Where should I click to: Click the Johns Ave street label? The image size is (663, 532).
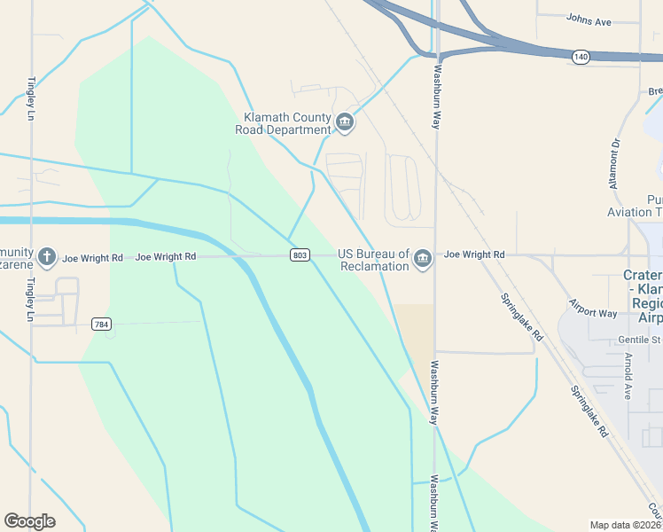point(590,18)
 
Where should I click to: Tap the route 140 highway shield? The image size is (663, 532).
point(581,57)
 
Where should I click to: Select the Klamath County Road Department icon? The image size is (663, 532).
point(345,121)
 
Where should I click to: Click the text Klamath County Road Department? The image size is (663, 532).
point(283,123)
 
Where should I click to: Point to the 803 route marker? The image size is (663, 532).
point(300,255)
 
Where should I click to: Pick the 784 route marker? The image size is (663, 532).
point(102,325)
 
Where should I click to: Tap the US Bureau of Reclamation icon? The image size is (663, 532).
point(422,259)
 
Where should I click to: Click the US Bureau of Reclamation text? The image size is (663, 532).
point(373,259)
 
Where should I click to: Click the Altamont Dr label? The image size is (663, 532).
point(615,162)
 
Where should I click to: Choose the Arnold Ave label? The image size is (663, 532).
point(628,376)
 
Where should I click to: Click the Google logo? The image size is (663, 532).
point(29,521)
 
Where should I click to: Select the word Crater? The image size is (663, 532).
point(643,276)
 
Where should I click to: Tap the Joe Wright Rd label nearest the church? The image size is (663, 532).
point(92,258)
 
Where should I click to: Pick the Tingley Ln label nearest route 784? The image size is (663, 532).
point(30,302)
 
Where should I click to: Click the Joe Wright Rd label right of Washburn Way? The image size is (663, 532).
point(474,254)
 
